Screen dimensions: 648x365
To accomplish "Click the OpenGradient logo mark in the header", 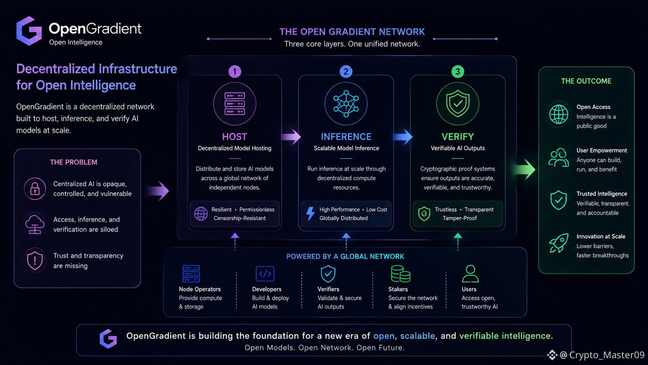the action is pos(29,31).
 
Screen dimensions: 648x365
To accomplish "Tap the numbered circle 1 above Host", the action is pos(234,71).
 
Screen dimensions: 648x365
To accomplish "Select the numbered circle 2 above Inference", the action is pos(346,71).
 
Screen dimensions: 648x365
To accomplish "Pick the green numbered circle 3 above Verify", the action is pos(458,71).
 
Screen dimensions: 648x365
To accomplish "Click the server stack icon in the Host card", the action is pos(234,104).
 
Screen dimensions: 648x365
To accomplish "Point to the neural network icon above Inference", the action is pos(346,104).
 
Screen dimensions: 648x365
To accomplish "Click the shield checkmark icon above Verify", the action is pos(458,103).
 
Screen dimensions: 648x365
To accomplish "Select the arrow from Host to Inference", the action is pos(291,137).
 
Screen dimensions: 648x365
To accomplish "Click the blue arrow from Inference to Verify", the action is pos(403,137).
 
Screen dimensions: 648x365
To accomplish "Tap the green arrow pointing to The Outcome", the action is pos(524,170).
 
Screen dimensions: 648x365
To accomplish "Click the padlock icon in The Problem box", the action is pos(35,189).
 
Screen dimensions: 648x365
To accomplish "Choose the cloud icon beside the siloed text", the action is pos(35,224).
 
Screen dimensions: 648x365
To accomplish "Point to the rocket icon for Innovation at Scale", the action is pos(558,243).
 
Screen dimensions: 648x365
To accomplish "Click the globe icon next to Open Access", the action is pos(558,114).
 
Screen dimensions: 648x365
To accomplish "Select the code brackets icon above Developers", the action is pos(265,273).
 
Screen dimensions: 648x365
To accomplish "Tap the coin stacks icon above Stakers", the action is pos(400,273).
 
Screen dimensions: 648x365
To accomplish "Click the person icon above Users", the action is pos(470,273).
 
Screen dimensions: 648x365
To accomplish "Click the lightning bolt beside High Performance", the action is pos(310,214).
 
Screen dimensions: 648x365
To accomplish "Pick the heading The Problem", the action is pos(74,162).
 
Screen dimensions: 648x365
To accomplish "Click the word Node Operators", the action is pos(200,289).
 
